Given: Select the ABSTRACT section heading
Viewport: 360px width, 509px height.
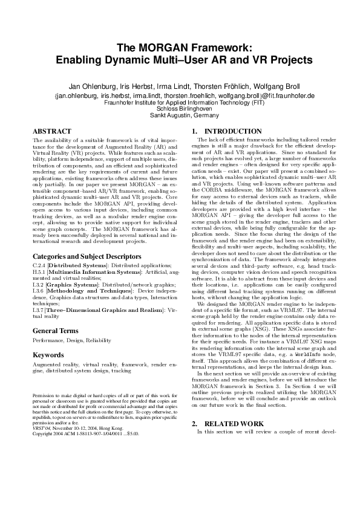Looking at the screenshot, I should click(x=51, y=131).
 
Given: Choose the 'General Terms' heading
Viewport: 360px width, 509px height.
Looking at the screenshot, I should click(x=55, y=331).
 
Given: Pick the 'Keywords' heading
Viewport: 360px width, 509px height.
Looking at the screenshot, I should click(x=48, y=355).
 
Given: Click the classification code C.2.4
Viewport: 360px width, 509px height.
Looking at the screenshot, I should click(x=39, y=265).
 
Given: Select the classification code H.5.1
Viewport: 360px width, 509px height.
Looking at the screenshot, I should click(x=39, y=271).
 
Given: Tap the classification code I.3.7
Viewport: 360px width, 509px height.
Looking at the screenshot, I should click(x=39, y=309).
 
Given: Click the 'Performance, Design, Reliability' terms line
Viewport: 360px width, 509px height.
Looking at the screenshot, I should click(x=68, y=340).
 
